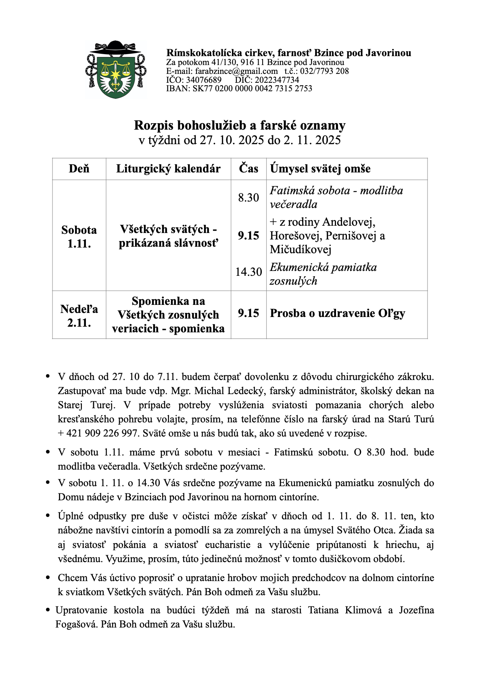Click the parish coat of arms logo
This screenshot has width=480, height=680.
point(116,70)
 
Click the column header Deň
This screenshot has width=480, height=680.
point(79,169)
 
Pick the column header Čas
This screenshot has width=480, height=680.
point(248,169)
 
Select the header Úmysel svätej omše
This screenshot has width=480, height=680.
point(320,169)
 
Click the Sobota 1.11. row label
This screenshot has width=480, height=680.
point(79,237)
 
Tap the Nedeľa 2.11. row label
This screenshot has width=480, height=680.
point(79,316)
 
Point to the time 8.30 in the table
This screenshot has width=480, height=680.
point(248,197)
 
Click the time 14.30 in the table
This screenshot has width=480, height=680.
point(248,272)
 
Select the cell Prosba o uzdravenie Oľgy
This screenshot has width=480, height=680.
point(337,313)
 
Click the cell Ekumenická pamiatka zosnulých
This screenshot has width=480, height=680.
point(323,274)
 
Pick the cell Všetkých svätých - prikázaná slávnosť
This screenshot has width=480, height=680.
point(168,236)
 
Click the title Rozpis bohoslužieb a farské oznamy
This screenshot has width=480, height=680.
point(240,126)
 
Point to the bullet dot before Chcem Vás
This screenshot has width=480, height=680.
point(48,578)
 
